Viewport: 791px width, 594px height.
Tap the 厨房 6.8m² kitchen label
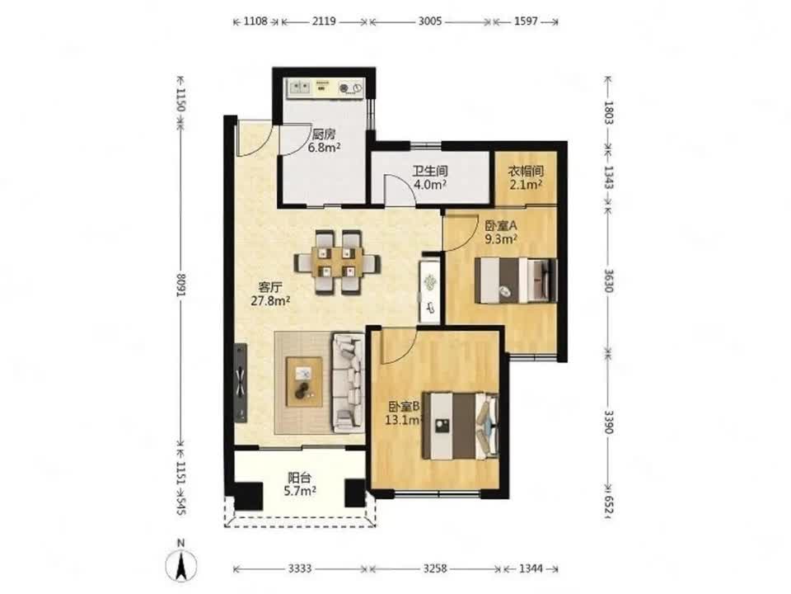click(x=324, y=141)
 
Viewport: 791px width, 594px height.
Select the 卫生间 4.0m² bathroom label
click(x=430, y=178)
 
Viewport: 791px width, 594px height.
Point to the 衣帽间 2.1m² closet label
click(x=526, y=178)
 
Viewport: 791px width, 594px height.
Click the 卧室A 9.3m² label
click(x=501, y=233)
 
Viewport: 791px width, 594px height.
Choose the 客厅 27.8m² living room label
click(x=270, y=295)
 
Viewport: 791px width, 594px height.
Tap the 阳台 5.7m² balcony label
click(x=300, y=484)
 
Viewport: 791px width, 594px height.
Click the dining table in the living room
click(x=338, y=262)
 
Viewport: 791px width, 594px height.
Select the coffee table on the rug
click(x=304, y=382)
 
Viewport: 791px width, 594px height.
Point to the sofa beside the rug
click(x=348, y=383)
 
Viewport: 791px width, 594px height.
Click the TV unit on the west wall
click(x=241, y=383)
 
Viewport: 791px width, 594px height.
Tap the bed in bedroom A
click(x=517, y=280)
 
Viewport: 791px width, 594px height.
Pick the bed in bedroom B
click(x=460, y=426)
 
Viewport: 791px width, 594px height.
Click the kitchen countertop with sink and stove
click(x=325, y=88)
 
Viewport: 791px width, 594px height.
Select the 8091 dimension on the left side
click(x=181, y=285)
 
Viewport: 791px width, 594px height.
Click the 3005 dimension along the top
click(x=430, y=21)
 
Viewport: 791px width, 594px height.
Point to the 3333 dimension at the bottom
click(x=300, y=568)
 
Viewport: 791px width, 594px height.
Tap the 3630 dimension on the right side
click(x=608, y=280)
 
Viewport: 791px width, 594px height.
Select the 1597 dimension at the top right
click(x=526, y=21)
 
